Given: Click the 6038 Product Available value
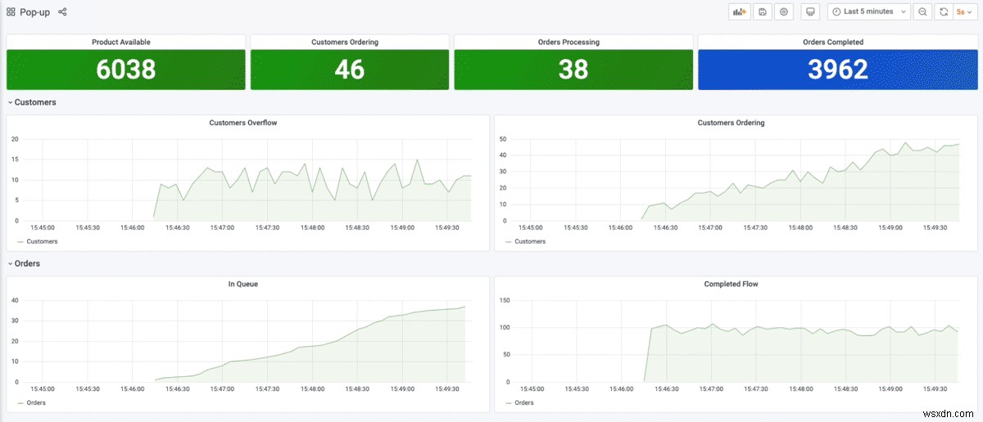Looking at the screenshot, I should point(125,70).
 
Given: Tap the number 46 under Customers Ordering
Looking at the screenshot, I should point(349,70).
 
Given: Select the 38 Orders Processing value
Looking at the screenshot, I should point(573,70).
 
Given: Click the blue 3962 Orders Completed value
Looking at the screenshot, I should point(837,70).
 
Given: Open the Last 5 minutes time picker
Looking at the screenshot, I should point(869,11).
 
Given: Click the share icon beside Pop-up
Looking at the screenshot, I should point(63,12).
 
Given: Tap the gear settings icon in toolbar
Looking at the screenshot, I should point(784,11).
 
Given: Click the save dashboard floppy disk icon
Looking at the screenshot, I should point(763,11).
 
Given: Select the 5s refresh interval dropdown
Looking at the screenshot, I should point(964,11).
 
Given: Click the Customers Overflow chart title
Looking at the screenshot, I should point(242,123).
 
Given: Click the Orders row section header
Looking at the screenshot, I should point(27,263).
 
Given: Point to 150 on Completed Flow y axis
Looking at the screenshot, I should point(505,300).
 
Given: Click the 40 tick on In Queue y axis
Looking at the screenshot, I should point(15,300).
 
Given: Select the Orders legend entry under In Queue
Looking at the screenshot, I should point(35,402).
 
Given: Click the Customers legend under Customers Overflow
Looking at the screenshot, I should point(41,241).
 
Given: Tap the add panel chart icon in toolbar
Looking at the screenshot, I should point(740,11).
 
